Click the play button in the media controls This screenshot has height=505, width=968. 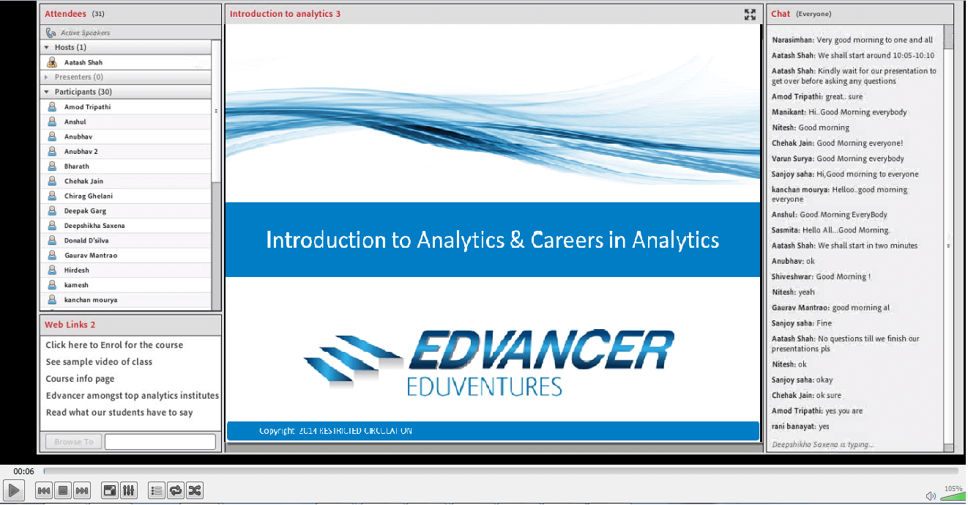pos(13,490)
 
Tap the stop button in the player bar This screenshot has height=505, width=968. pos(63,490)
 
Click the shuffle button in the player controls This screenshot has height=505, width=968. pos(195,490)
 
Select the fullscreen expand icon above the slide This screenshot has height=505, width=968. pos(750,14)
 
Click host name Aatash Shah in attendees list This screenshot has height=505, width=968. pos(83,62)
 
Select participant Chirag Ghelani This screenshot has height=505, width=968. pos(88,196)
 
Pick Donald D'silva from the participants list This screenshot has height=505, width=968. pos(86,240)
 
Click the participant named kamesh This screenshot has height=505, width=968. pos(76,285)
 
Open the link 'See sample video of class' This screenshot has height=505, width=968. pos(99,362)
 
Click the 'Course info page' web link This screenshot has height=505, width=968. pos(80,379)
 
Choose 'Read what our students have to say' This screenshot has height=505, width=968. pos(119,413)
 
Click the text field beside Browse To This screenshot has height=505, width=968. pos(160,442)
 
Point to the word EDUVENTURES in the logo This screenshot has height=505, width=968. pos(484,386)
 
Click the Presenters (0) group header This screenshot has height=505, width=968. pos(78,77)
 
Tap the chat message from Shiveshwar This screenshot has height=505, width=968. pos(821,276)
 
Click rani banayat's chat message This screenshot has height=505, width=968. pos(800,427)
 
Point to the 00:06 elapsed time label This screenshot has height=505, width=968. pos(23,471)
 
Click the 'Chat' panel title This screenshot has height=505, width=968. pos(781,14)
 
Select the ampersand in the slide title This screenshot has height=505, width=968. pos(517,240)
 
